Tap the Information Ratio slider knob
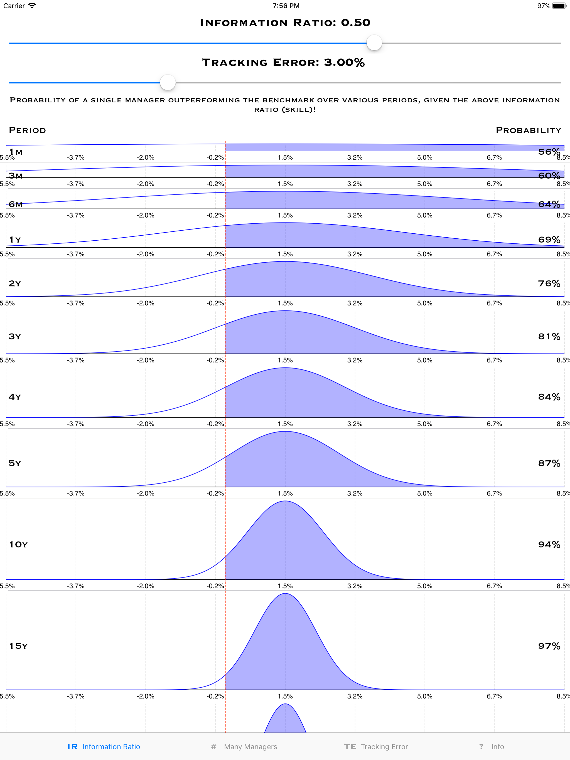pyautogui.click(x=374, y=43)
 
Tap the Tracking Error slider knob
pyautogui.click(x=168, y=82)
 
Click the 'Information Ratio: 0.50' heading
pyautogui.click(x=285, y=23)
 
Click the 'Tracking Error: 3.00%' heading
pyautogui.click(x=283, y=63)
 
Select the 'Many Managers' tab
pyautogui.click(x=244, y=746)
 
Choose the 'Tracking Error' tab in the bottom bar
pyautogui.click(x=376, y=746)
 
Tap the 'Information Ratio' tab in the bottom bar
pyautogui.click(x=104, y=746)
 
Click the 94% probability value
pyautogui.click(x=549, y=545)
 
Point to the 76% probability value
pyautogui.click(x=549, y=283)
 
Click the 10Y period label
pyautogui.click(x=18, y=545)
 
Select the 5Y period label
pyautogui.click(x=15, y=463)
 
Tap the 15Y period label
pyautogui.click(x=18, y=646)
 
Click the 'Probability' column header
pyautogui.click(x=529, y=130)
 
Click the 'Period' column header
pyautogui.click(x=27, y=130)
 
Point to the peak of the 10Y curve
pyautogui.click(x=285, y=502)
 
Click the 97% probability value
pyautogui.click(x=549, y=646)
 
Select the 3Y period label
pyautogui.click(x=15, y=336)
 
